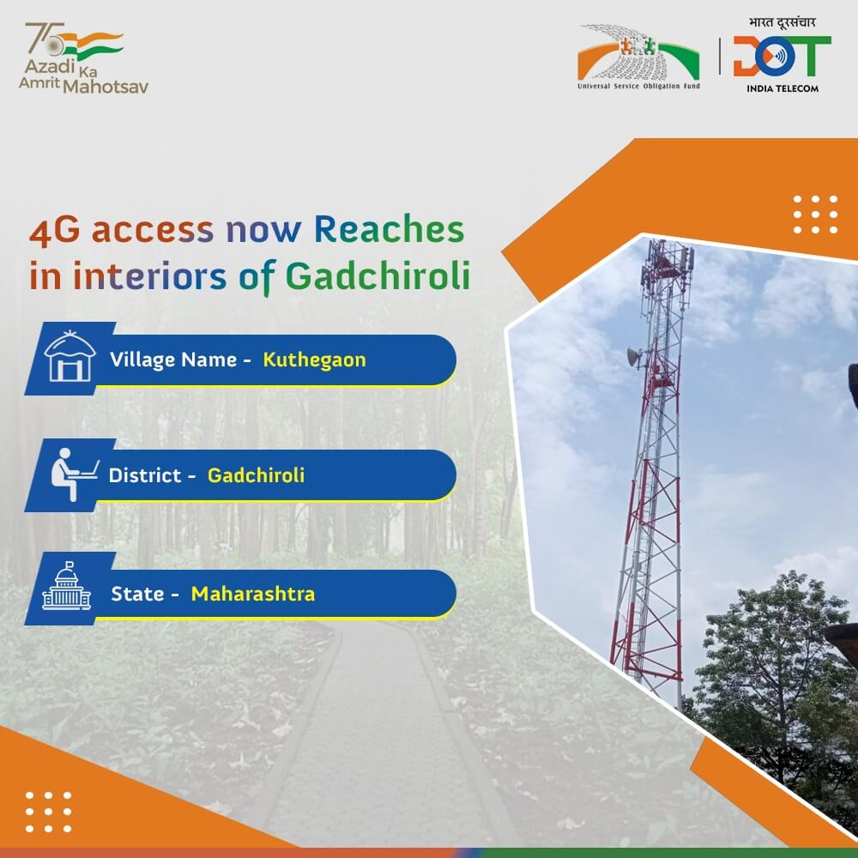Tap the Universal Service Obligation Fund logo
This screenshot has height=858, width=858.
point(638,62)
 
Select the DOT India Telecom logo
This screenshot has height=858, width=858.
point(782,60)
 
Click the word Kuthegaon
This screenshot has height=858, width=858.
point(314,360)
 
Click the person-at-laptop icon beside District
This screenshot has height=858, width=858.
point(71,474)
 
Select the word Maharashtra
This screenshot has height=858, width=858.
point(252,593)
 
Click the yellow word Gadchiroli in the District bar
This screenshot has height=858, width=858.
point(256,474)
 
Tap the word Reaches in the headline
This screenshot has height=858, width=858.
point(388,230)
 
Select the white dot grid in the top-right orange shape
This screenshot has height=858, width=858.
point(815,214)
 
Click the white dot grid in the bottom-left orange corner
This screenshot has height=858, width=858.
point(47,810)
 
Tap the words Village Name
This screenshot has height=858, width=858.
point(173,360)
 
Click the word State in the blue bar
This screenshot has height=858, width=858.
point(137,593)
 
